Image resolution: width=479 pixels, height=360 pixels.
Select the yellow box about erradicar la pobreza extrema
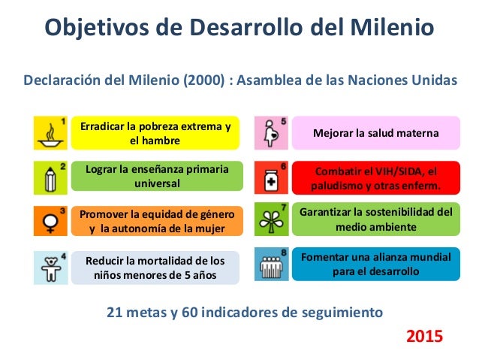[x=155, y=133]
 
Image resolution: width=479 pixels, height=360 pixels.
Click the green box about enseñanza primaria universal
[x=157, y=176]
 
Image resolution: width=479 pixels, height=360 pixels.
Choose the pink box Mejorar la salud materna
[x=375, y=133]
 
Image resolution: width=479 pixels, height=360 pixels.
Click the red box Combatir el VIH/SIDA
[x=375, y=178]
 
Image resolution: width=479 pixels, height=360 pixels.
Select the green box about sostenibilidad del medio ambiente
[x=375, y=219]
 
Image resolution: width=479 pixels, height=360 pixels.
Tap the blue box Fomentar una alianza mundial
[x=375, y=264]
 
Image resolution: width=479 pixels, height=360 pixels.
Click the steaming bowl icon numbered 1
[x=50, y=133]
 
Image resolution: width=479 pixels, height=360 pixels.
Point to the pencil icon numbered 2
[x=50, y=177]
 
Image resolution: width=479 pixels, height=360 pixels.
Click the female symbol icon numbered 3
[x=50, y=222]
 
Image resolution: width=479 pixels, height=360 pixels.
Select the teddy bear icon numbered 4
[x=50, y=268]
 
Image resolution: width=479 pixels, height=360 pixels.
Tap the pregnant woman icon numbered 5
[x=271, y=133]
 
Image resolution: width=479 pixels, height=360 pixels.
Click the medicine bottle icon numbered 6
[x=271, y=178]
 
